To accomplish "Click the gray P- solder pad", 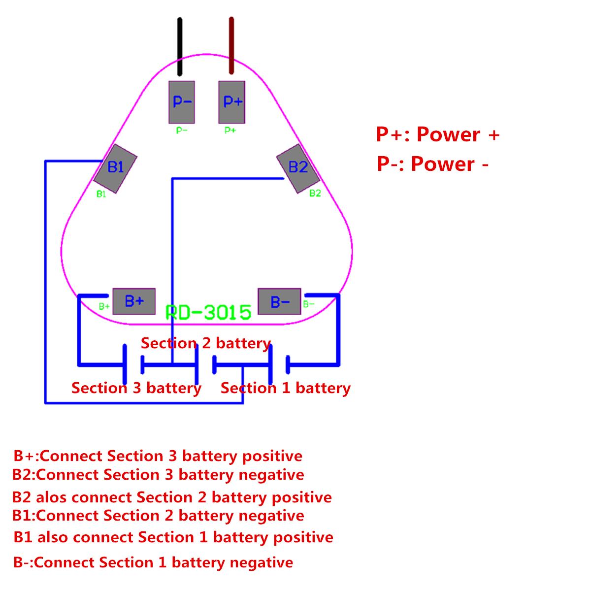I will pos(182,102).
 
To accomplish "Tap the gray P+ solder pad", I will pos(232,102).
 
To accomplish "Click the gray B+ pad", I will pos(134,301).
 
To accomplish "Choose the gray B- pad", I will pos(279,301).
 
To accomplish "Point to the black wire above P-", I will pos(180,47).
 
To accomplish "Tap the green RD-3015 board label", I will pos(208,312).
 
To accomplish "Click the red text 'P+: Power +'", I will pos(437,134).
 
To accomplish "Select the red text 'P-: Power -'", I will pos(432,164).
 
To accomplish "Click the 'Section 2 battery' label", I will pos(206,343).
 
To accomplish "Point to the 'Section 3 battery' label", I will pos(136,388).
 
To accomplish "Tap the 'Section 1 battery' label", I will pos(285,388).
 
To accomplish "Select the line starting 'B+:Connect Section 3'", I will pos(158,456).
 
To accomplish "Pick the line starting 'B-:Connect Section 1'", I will pos(153,562).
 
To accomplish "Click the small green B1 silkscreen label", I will pos(101,194).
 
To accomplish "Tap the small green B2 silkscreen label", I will pos(315,194).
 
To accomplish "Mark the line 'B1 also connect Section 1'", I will pos(173,537).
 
